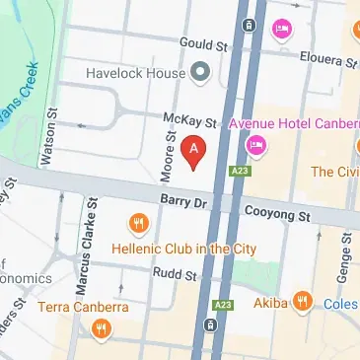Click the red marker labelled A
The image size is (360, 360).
click(x=195, y=152)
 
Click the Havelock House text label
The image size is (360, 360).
click(x=136, y=73)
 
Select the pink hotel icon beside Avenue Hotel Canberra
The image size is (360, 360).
click(x=255, y=146)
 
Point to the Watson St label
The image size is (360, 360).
click(x=45, y=146)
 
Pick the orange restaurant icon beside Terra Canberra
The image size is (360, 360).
click(x=100, y=330)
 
